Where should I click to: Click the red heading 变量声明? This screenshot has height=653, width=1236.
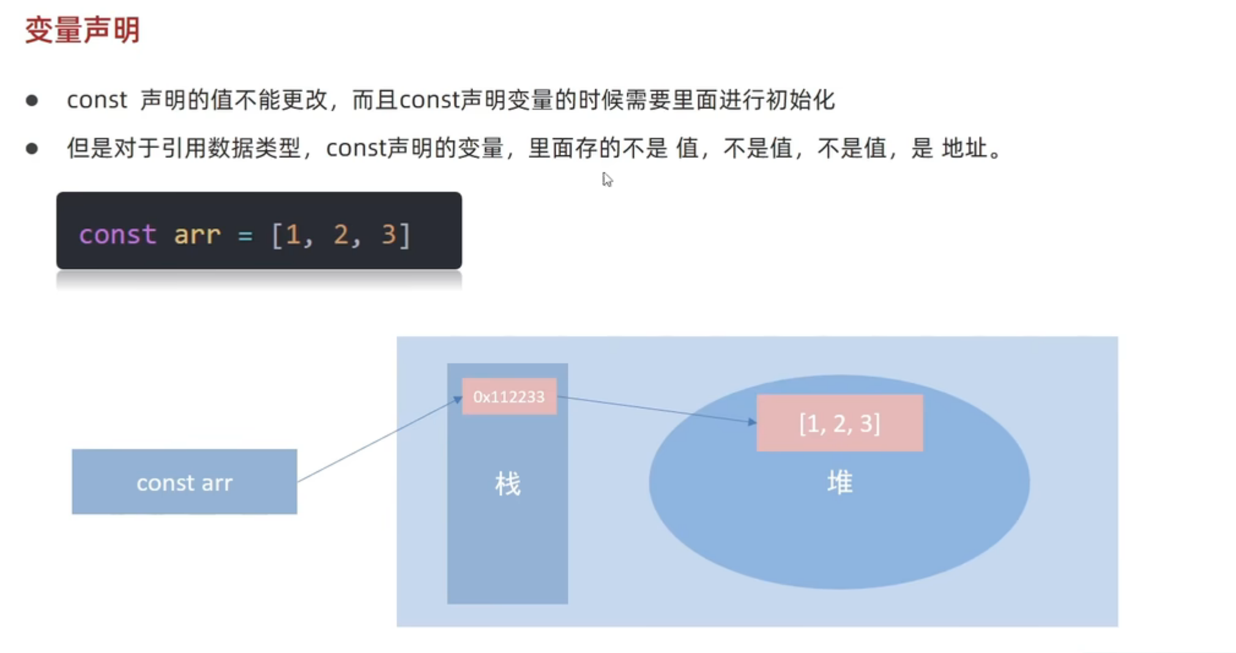point(82,30)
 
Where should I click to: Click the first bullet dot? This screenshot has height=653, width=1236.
point(32,100)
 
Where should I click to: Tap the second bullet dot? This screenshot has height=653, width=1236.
point(32,149)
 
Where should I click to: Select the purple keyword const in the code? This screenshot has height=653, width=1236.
point(117,234)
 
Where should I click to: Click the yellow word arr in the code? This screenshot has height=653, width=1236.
point(197,234)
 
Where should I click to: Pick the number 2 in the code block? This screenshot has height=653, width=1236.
point(341,234)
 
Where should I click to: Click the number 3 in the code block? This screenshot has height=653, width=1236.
point(389,234)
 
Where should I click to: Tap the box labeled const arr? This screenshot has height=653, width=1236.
point(184,482)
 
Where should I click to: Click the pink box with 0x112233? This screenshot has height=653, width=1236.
point(509,397)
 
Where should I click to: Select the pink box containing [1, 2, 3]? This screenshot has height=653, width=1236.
point(840,423)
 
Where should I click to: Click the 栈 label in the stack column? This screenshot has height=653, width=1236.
point(507,484)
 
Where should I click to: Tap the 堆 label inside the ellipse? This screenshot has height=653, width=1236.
point(840,482)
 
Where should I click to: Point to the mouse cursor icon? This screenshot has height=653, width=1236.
point(607,179)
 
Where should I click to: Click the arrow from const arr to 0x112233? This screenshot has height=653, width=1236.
point(379,439)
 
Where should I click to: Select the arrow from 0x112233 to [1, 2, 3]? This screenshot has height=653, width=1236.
point(658,409)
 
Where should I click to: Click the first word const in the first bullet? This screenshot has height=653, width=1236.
point(97,100)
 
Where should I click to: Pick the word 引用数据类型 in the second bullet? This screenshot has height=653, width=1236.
point(231,148)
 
